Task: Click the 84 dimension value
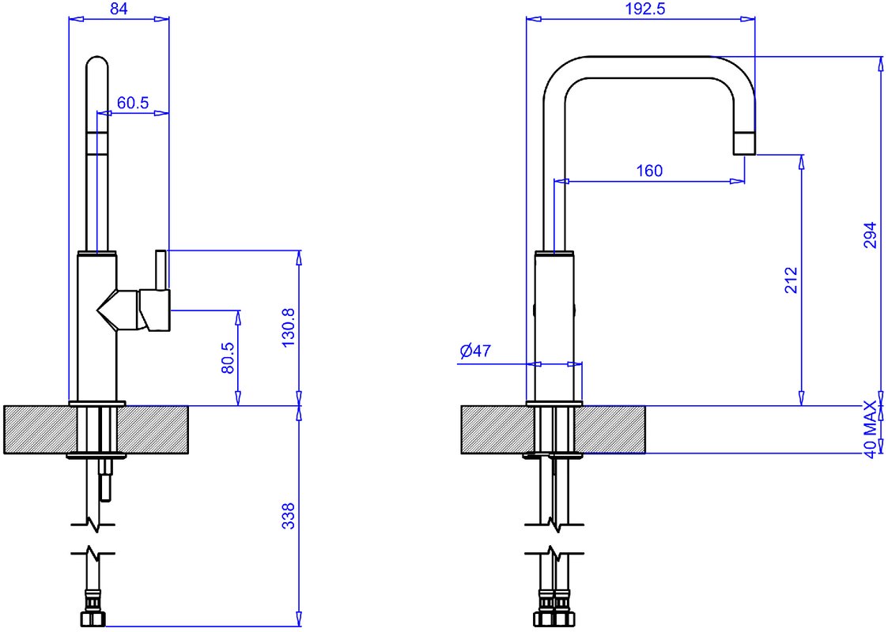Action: tap(119, 9)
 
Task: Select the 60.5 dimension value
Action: tap(133, 103)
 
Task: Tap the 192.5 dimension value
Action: tap(645, 9)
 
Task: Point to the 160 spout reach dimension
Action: tap(649, 171)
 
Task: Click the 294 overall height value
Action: tap(871, 235)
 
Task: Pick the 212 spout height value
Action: tap(791, 280)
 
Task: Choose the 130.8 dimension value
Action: tap(289, 328)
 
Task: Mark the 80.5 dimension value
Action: tap(228, 358)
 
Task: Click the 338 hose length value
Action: tap(289, 516)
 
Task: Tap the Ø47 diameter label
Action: tap(475, 351)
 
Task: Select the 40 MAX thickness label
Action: tap(871, 429)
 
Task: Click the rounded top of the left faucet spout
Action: tap(96, 60)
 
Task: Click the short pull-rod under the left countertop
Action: tap(105, 480)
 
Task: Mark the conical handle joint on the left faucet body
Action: tap(117, 310)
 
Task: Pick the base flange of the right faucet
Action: tap(554, 404)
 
